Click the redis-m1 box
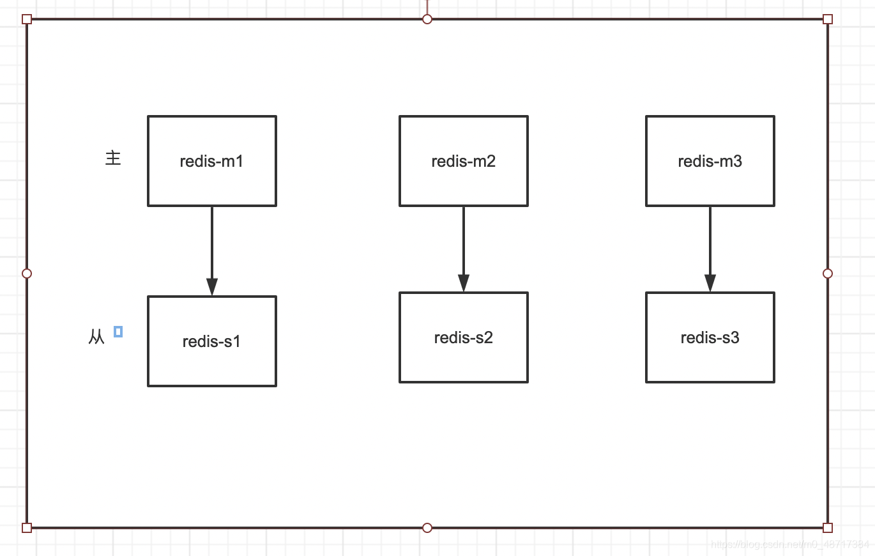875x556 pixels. (212, 161)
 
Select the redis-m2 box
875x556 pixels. (464, 161)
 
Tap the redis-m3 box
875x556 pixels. (710, 161)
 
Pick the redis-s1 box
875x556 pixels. (212, 341)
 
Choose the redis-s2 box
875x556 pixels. (464, 337)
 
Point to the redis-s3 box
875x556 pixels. (710, 337)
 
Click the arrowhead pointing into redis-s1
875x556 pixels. (212, 287)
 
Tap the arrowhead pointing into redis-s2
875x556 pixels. (464, 283)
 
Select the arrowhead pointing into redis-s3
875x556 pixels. (710, 283)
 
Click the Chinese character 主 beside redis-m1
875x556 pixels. (113, 158)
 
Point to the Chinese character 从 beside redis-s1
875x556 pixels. (96, 337)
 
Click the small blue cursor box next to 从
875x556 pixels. (118, 332)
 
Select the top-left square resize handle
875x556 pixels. (27, 19)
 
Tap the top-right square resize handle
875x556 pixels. (828, 19)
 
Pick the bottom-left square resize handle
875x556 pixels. (27, 528)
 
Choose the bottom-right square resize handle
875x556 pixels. (828, 528)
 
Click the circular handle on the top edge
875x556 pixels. (427, 19)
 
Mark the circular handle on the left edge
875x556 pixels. (27, 274)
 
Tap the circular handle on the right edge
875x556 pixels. (828, 274)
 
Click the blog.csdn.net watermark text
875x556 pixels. (790, 544)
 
